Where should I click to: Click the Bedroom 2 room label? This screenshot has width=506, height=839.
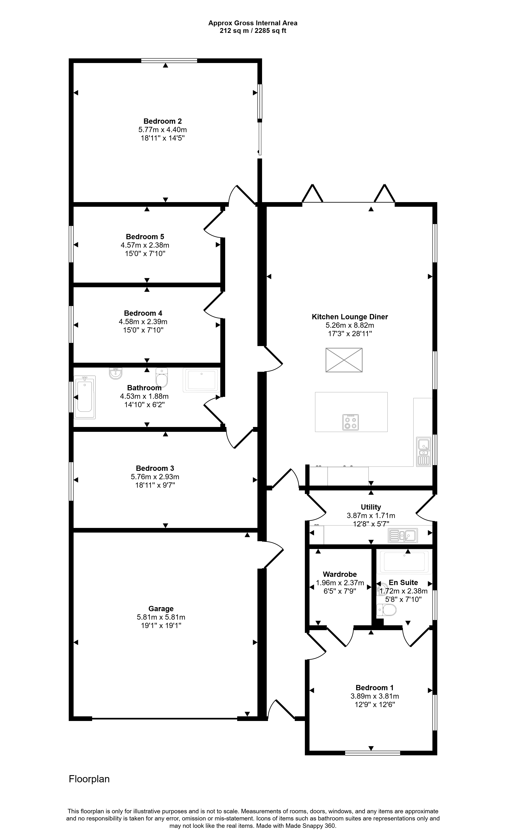163,121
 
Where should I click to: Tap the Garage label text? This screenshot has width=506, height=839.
161,608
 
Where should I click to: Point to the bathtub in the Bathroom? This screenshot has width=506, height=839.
85,397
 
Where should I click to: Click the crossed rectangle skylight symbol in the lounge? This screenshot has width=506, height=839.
344,360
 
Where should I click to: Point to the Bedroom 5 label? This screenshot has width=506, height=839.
145,237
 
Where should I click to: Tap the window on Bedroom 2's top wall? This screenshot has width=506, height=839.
169,61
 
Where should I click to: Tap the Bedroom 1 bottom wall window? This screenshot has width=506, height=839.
372,753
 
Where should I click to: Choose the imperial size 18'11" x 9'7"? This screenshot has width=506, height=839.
155,485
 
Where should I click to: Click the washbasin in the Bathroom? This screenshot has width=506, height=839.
116,373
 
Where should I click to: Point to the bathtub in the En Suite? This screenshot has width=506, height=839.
404,562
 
